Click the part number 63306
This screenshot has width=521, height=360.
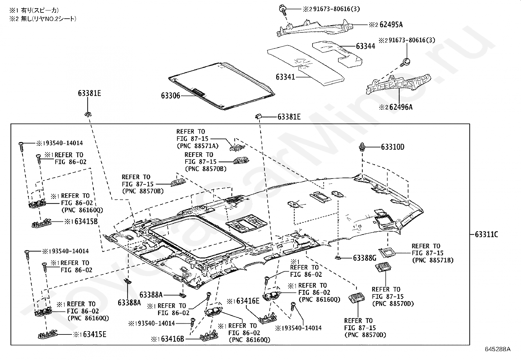[170, 96]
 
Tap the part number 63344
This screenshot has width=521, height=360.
[365, 46]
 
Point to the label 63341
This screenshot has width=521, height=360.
[285, 77]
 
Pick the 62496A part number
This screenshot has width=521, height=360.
[401, 107]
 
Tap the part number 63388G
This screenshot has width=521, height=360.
[365, 258]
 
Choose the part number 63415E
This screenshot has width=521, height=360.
[94, 334]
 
